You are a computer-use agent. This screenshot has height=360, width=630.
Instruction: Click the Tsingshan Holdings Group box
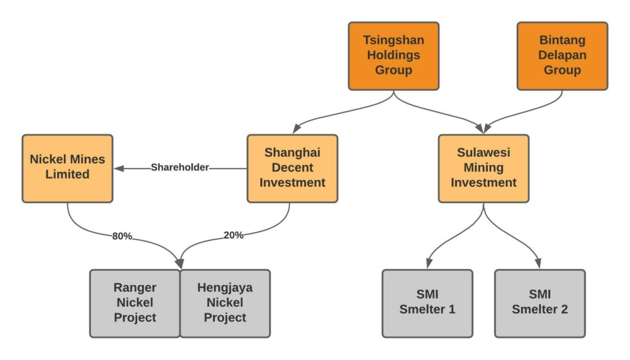coord(393,56)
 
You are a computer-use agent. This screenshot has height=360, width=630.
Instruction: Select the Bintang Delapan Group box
coord(562,56)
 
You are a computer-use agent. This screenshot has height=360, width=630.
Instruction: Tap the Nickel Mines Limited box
coord(67,168)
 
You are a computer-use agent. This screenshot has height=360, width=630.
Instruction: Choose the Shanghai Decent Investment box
coord(292,168)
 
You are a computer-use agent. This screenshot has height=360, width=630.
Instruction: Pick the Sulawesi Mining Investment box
coord(484,168)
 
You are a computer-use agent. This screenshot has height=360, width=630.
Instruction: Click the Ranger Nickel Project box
coord(135,303)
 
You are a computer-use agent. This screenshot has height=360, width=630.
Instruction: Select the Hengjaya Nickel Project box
coord(225,303)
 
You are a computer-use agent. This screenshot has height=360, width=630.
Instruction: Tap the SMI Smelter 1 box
coord(427,303)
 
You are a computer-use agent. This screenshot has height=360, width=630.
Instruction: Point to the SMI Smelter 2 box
coord(540,303)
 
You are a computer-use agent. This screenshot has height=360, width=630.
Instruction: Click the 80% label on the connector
coord(122,236)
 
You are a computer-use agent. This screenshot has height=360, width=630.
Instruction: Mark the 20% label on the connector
coord(233,234)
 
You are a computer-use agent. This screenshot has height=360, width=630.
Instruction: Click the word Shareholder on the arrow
coord(180,167)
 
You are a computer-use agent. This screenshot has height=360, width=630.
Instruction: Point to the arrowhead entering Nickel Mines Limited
coord(119,167)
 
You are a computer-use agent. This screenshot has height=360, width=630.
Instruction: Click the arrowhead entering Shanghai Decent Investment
coord(297,129)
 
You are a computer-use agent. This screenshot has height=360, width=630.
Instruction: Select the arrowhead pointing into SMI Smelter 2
coord(539,263)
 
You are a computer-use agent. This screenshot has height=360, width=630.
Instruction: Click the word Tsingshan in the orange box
coord(393,41)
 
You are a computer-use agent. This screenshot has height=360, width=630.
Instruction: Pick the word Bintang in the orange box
coord(562,41)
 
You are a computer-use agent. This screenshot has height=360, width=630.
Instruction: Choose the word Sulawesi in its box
coord(484,153)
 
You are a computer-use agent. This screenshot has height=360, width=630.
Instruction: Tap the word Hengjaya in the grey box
coord(225,287)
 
